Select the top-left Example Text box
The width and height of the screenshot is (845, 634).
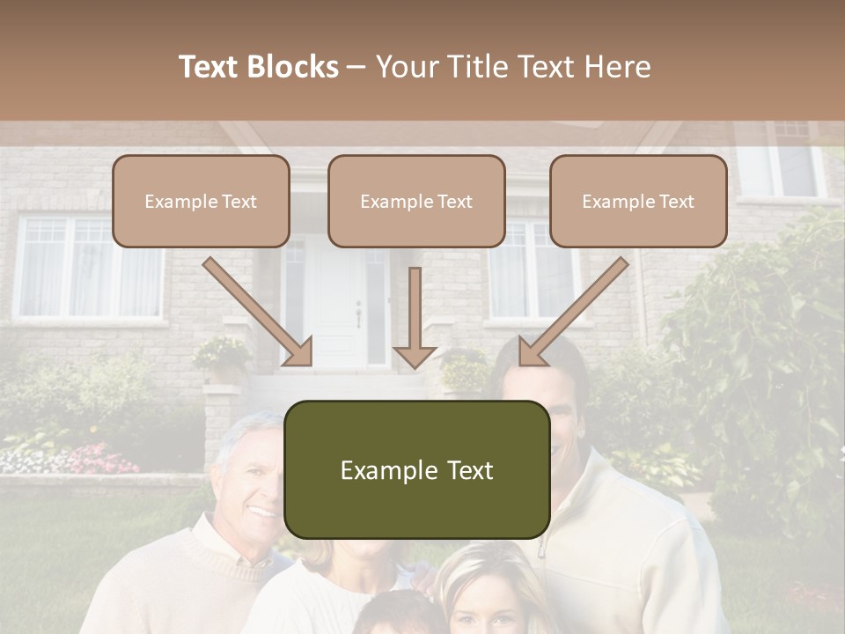tap(201, 201)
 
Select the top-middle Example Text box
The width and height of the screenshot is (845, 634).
tap(416, 201)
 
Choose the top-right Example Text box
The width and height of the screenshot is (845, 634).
tap(638, 201)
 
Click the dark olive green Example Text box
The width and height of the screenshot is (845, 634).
tap(416, 469)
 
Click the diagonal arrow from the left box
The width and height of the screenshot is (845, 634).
tap(259, 313)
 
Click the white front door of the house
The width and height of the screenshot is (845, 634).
tap(339, 308)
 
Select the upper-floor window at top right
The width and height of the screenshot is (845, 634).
tap(788, 163)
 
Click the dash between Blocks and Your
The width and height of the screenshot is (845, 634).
tap(356, 68)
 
